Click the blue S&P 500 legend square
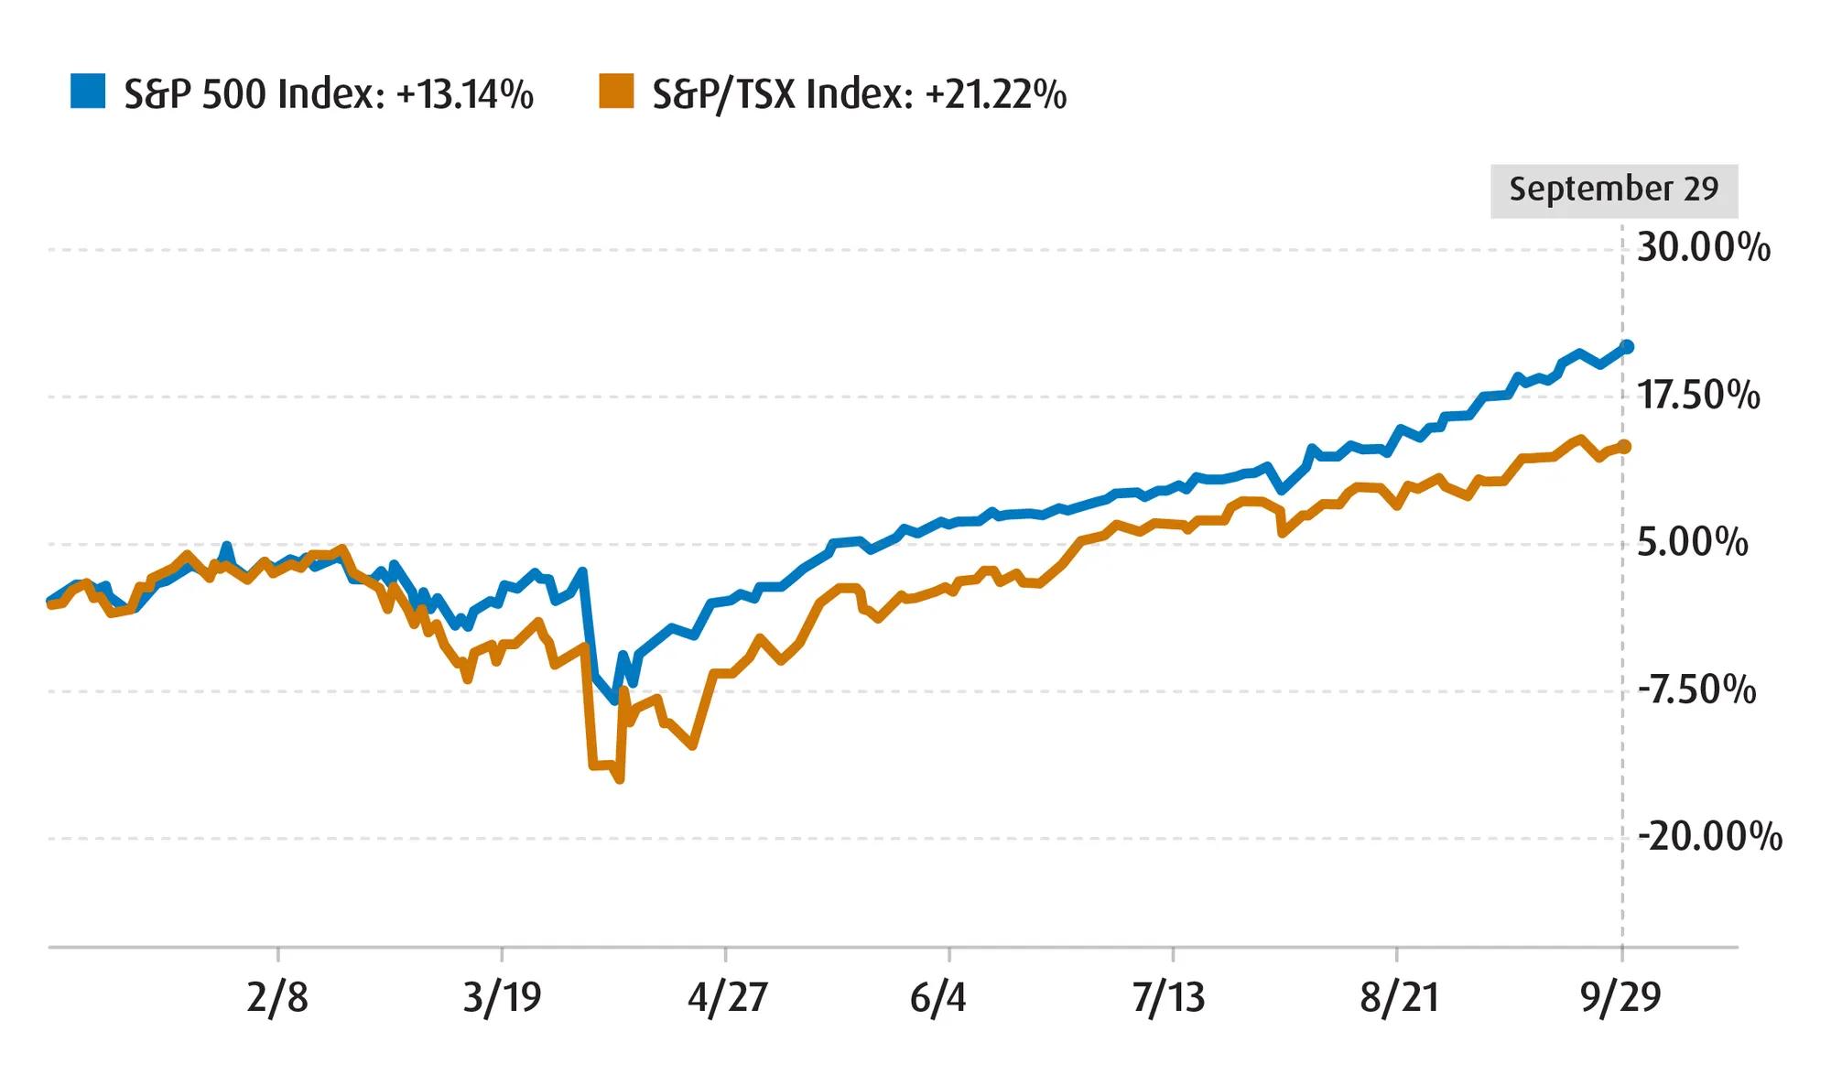[88, 92]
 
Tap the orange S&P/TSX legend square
[616, 92]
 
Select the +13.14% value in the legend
[465, 94]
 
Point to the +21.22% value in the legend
[996, 94]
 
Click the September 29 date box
[1613, 190]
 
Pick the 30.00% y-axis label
[1703, 248]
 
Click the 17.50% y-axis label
[1698, 396]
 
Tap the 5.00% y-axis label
[1692, 543]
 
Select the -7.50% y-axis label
[1696, 690]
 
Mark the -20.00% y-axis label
[1708, 837]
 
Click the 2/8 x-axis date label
[277, 997]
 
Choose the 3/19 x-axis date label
[502, 997]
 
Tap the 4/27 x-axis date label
[727, 997]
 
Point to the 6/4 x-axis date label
[937, 997]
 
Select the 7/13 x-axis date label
[1168, 997]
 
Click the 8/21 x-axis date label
[1398, 997]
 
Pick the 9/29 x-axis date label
[1620, 997]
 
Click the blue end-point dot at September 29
[1627, 346]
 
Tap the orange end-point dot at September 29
[1625, 446]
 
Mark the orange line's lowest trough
[621, 779]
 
